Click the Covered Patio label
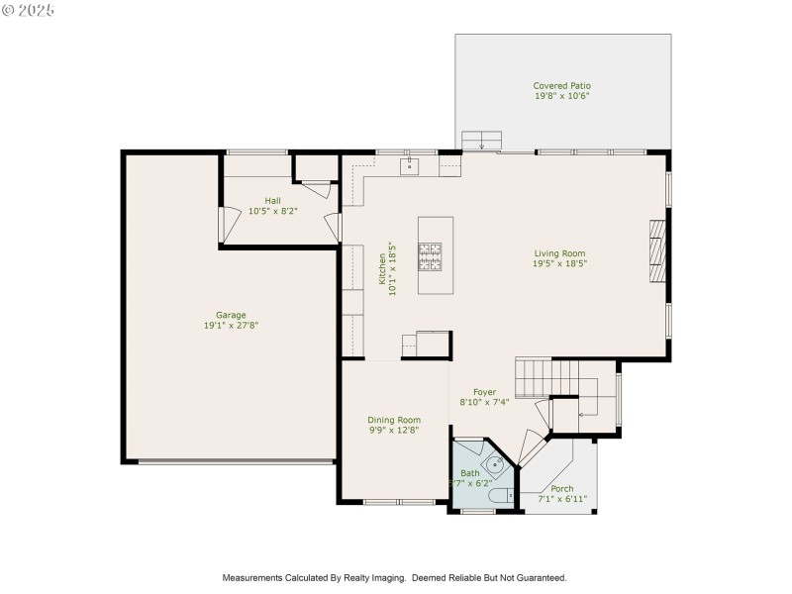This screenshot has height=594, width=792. point(561,86)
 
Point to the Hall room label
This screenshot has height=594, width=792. point(272,200)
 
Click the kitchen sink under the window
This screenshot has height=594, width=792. point(410,165)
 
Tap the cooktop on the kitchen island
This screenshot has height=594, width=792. point(430,256)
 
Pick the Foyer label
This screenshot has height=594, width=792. point(484,392)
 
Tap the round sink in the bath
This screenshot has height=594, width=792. point(495,463)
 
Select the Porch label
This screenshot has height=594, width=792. point(561,489)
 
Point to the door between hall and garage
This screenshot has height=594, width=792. point(227,224)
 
